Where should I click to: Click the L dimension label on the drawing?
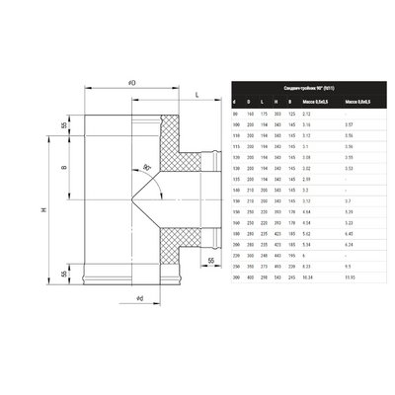coord(197,95)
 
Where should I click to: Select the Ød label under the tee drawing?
coord(140,297)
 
